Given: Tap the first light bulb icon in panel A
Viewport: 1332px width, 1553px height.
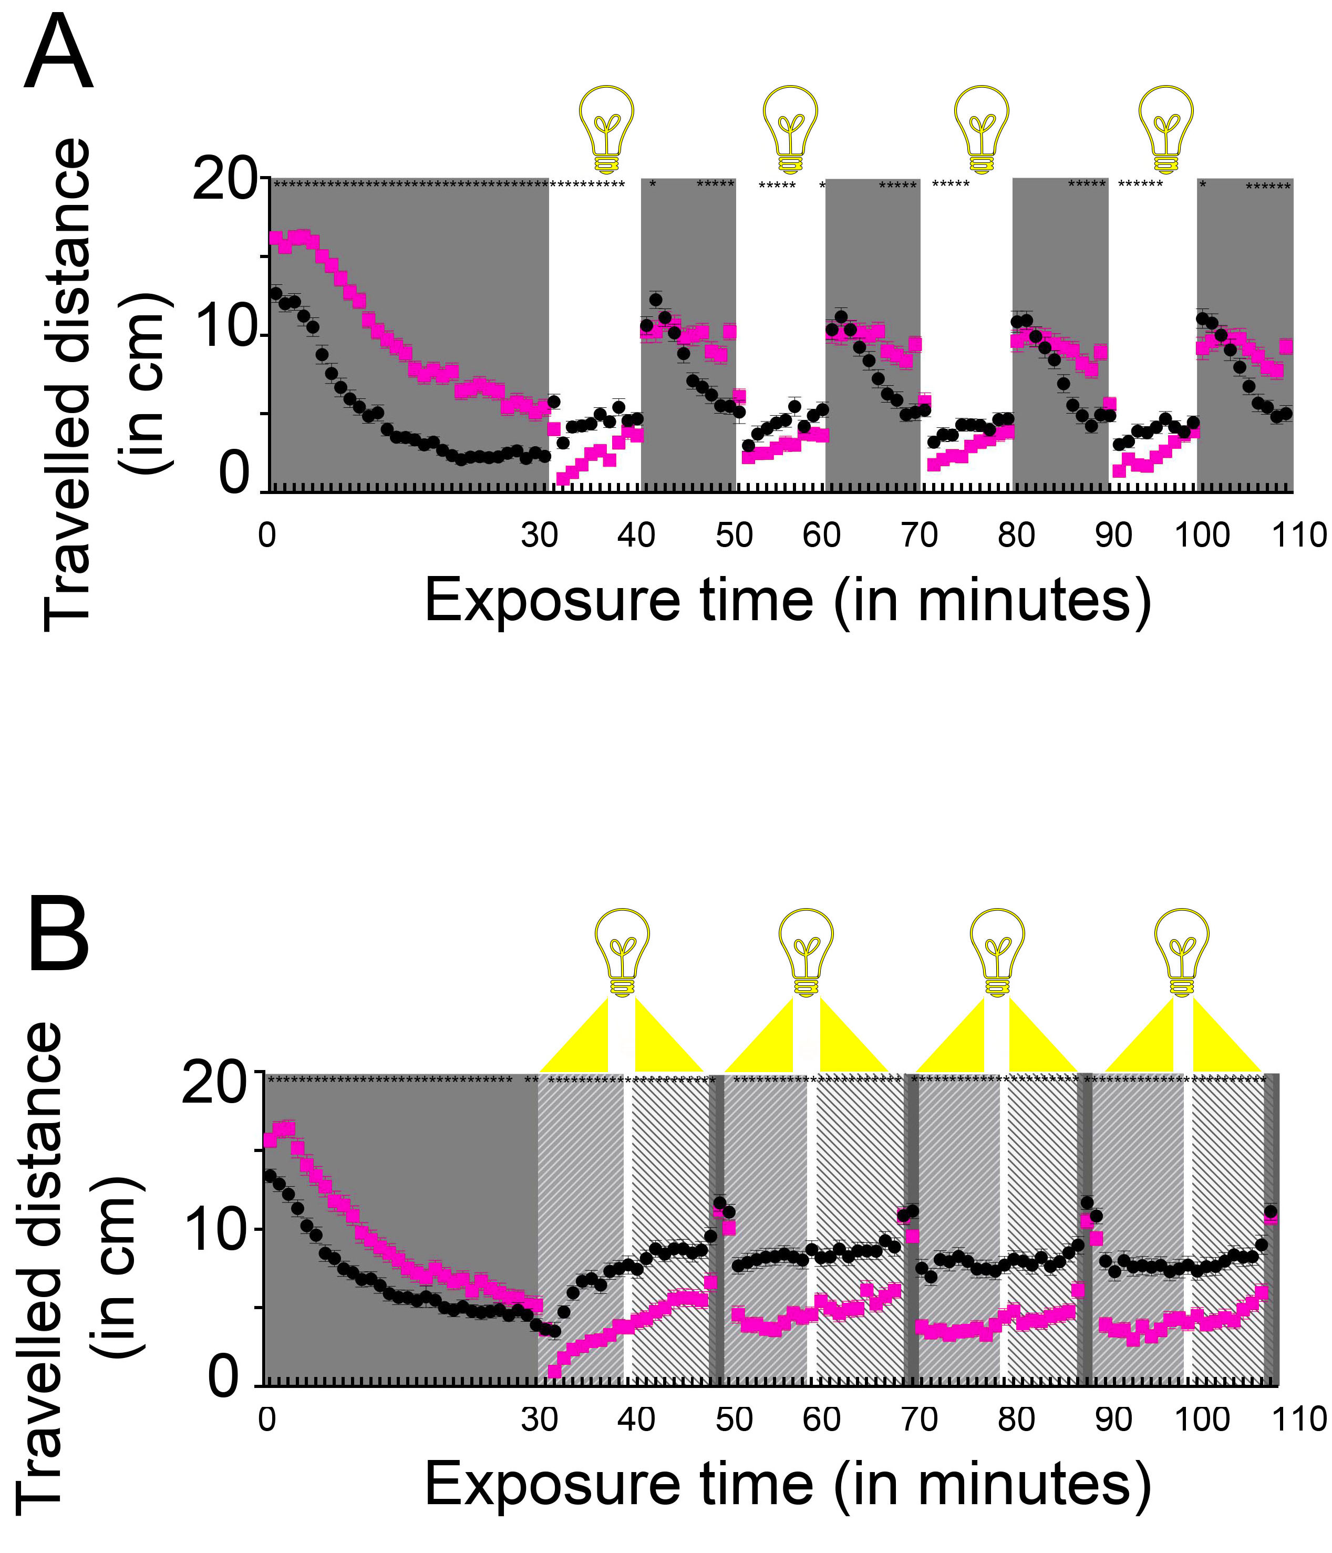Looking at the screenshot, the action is (x=607, y=129).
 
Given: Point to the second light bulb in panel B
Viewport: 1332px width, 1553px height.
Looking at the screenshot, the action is (x=806, y=952).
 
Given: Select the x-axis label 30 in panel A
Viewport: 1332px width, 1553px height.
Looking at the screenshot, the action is (x=540, y=535).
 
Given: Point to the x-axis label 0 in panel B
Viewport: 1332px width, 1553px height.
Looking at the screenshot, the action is (x=267, y=1419).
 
